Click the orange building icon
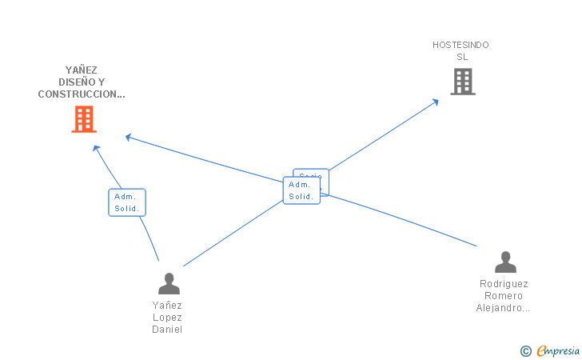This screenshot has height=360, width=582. [84, 119]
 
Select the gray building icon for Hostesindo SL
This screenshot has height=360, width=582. [462, 82]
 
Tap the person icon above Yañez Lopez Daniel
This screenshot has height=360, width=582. [169, 284]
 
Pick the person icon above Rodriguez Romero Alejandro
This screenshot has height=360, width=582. [505, 262]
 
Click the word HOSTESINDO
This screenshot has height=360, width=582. [460, 45]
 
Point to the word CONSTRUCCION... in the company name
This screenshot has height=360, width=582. [82, 94]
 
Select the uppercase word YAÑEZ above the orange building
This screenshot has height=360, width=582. [82, 70]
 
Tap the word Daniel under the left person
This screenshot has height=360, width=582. [167, 330]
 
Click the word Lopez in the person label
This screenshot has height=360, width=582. [167, 318]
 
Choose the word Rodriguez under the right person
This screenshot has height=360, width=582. [504, 284]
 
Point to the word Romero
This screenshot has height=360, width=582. [504, 296]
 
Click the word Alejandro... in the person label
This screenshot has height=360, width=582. [504, 308]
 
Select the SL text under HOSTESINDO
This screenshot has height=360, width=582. [462, 57]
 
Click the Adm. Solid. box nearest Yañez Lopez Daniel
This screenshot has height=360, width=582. [127, 202]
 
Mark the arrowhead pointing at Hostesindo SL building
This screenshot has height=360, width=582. [435, 101]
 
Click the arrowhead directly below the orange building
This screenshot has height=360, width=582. [96, 148]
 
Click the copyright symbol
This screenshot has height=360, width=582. [525, 350]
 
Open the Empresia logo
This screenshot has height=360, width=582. [557, 350]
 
